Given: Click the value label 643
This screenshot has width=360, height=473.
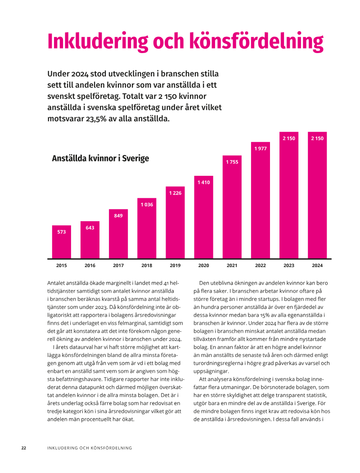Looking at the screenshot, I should [90, 228].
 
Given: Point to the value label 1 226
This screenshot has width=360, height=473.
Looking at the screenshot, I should [175, 193].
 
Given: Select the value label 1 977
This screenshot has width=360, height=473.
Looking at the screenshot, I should [261, 148].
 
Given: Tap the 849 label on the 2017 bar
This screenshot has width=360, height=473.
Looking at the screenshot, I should [118, 216].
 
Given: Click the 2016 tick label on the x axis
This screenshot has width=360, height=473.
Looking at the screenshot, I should [90, 266].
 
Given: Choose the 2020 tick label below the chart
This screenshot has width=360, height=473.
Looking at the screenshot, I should [203, 266].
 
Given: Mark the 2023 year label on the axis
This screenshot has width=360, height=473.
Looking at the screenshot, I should [289, 266].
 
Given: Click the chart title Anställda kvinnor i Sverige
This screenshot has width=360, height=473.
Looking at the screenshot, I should [100, 159].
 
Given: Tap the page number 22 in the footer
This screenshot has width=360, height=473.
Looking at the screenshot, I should [24, 448].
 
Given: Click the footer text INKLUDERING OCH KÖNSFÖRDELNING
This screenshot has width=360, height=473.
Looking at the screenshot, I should [90, 448].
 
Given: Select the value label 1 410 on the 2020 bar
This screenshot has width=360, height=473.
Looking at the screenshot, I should [203, 182].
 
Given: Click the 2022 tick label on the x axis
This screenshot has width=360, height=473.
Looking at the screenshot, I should [261, 266].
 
